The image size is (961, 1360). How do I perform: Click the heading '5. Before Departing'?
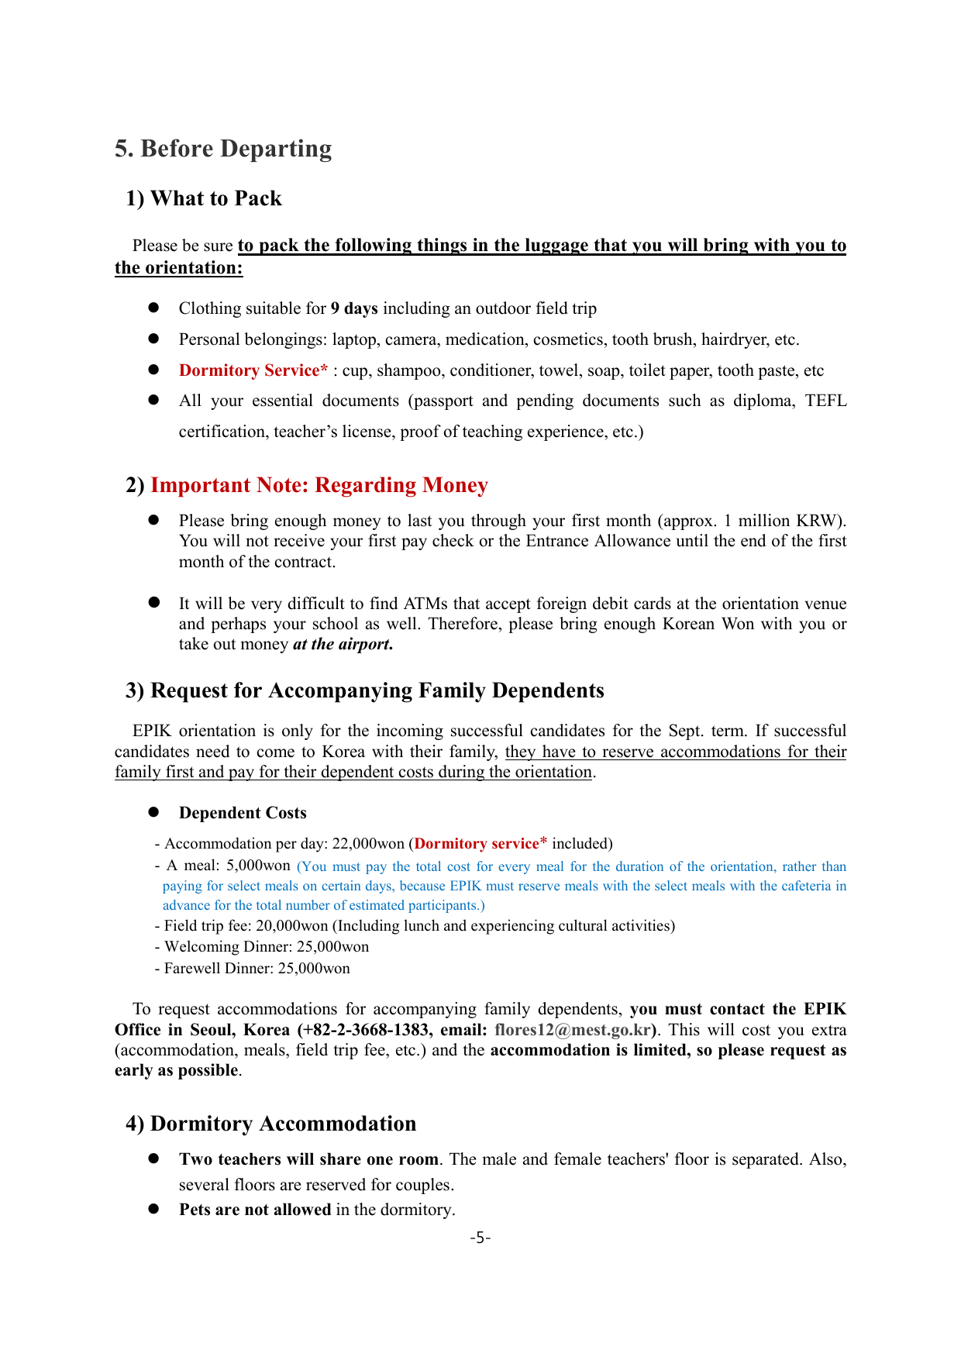click(x=223, y=149)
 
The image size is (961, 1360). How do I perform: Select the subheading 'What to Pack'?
click(x=215, y=198)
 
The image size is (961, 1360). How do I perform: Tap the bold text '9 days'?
click(x=354, y=308)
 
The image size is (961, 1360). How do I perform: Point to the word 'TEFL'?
click(x=825, y=401)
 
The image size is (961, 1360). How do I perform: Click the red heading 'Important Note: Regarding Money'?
click(x=319, y=485)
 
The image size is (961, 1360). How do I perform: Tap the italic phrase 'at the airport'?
click(x=341, y=644)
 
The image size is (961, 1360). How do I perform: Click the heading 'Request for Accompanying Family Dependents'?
click(x=377, y=690)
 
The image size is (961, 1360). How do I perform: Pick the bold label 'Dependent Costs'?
click(x=243, y=813)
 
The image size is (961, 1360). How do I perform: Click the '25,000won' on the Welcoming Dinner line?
click(x=332, y=946)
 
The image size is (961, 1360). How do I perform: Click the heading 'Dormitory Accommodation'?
click(x=283, y=1124)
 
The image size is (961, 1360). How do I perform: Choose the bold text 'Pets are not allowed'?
click(x=255, y=1210)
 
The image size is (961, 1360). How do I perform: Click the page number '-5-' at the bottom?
click(x=480, y=1238)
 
